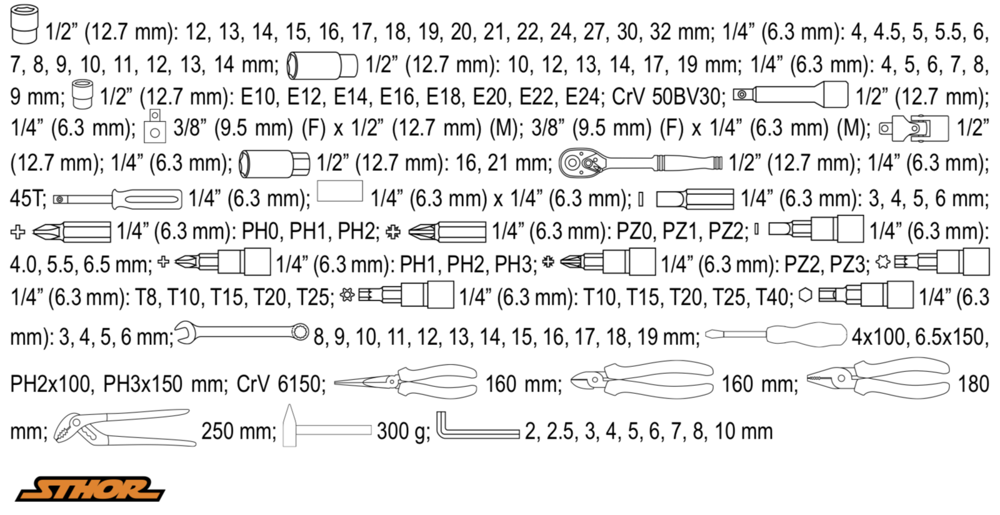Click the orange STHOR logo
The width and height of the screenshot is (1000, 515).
pyautogui.click(x=90, y=489)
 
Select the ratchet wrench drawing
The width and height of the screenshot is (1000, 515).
pyautogui.click(x=640, y=162)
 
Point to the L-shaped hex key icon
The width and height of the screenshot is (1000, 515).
pyautogui.click(x=477, y=427)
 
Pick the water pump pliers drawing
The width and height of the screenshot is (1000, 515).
pyautogui.click(x=125, y=427)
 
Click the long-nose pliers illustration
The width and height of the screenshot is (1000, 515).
pyautogui.click(x=406, y=382)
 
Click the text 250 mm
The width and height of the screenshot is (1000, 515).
pyautogui.click(x=239, y=431)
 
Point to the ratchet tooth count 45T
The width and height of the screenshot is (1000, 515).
pyautogui.click(x=27, y=198)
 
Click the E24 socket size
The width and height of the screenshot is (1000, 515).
pyautogui.click(x=584, y=96)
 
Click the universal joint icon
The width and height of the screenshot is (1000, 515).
pyautogui.click(x=913, y=128)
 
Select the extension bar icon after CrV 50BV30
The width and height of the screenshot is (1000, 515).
pyautogui.click(x=791, y=94)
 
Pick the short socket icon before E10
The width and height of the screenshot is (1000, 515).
pyautogui.click(x=82, y=94)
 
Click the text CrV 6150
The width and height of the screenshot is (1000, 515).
pyautogui.click(x=281, y=384)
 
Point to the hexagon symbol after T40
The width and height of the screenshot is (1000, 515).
pyautogui.click(x=805, y=295)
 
